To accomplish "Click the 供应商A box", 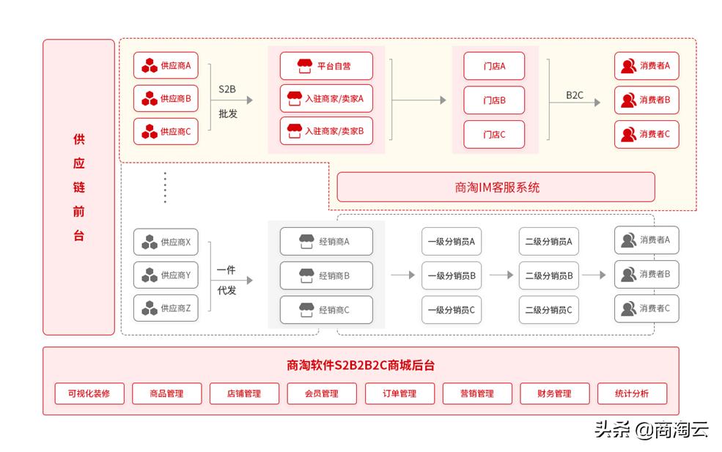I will pos(166,65).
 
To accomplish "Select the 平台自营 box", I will pos(326,66).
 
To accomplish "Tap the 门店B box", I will pos(494,100).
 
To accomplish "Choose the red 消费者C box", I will pos(647,135).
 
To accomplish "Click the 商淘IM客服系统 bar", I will pos(496,188).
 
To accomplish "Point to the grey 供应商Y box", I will pos(166,275).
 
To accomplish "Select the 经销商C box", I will pos(326,310).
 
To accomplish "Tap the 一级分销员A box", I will pos(452,241).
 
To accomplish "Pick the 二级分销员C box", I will pos(549,310).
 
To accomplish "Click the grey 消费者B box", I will pos(647,275).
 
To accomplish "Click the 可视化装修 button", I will pos(89,393).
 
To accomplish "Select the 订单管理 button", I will pos(399,393).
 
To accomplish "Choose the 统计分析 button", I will pos(632,393).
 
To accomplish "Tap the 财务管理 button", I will pos(554,393).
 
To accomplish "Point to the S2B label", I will pos(227,89).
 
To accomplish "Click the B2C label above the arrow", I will pos(575,95).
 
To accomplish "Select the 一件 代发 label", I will pos(226,280).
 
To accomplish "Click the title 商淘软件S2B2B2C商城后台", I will pos(361,366).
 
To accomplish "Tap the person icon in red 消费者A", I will pos(628,66).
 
